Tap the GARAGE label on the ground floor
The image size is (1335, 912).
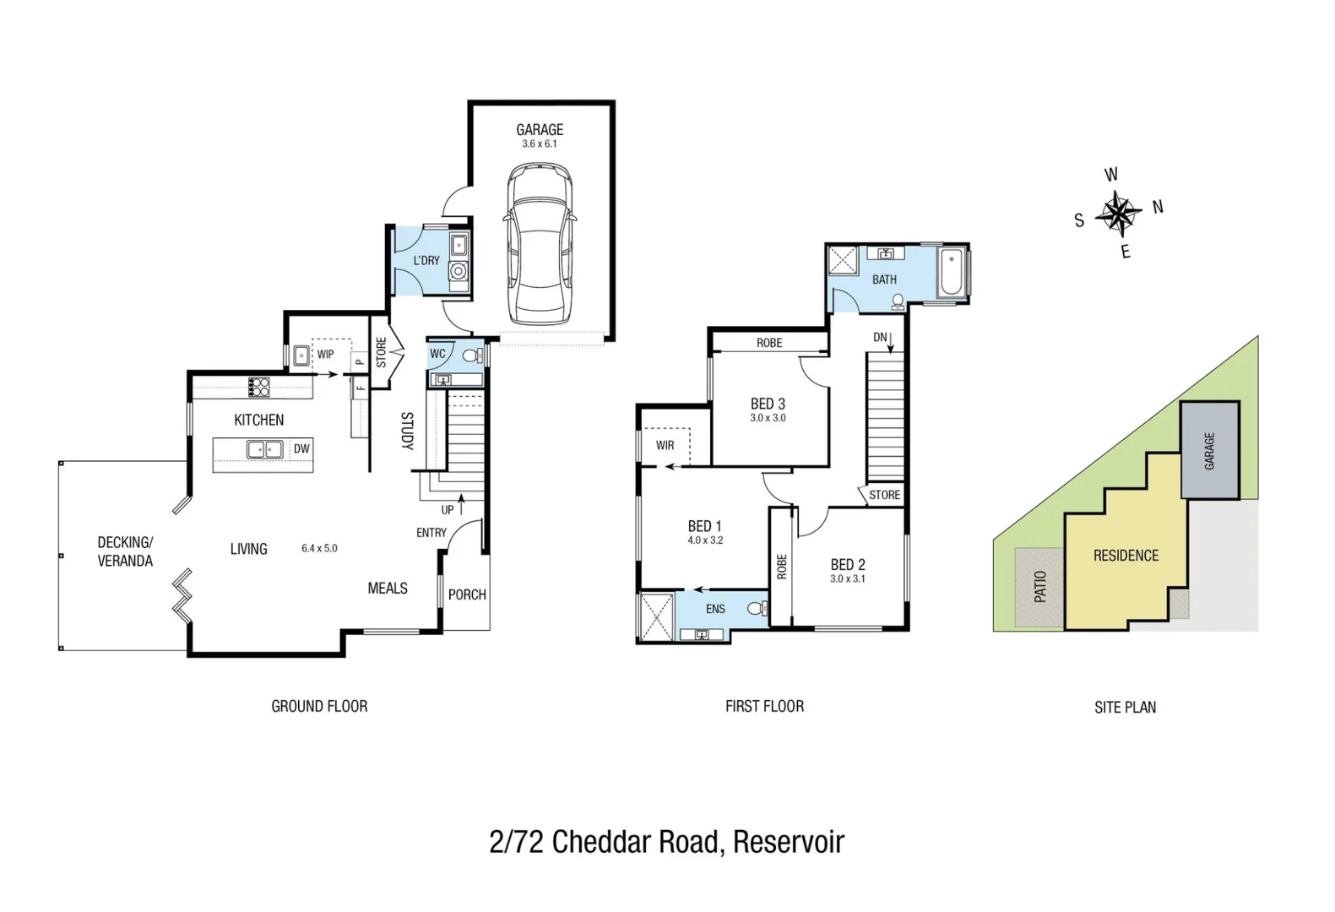[540, 129]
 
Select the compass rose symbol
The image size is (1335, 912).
[1118, 214]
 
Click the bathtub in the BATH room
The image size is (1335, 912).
[952, 272]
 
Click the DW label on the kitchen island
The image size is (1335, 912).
[301, 449]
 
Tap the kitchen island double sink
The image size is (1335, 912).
[264, 449]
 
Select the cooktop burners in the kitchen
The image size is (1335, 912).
[258, 387]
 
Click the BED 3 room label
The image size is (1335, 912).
[768, 404]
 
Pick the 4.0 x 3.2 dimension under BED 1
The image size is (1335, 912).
[705, 540]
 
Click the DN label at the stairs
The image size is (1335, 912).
[880, 337]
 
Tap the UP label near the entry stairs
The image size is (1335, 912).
[448, 509]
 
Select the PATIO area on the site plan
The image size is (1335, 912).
[1039, 587]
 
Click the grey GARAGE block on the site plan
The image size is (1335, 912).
[1209, 450]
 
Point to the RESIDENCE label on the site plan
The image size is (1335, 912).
[1126, 556]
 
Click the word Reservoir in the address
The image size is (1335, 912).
[788, 842]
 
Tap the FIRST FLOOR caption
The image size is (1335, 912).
[764, 706]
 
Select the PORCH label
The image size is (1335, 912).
[467, 594]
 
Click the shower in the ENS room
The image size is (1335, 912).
[656, 616]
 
